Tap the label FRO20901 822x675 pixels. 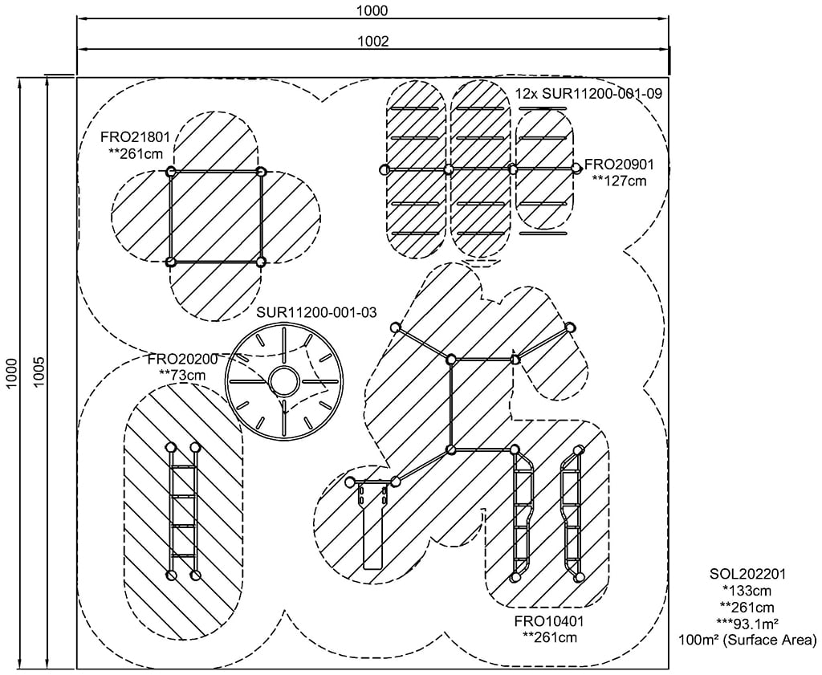[620, 165]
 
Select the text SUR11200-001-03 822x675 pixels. [316, 311]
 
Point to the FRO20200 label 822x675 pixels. [182, 359]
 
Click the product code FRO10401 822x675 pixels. [549, 622]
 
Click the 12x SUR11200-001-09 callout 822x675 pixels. [588, 94]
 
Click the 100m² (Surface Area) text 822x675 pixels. [747, 640]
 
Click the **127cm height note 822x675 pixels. [619, 181]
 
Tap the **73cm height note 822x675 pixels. [182, 374]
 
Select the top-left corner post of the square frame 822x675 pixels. [170, 172]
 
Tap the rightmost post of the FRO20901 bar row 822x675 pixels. [576, 168]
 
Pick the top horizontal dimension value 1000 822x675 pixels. [374, 10]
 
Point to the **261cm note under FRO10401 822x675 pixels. [549, 638]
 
